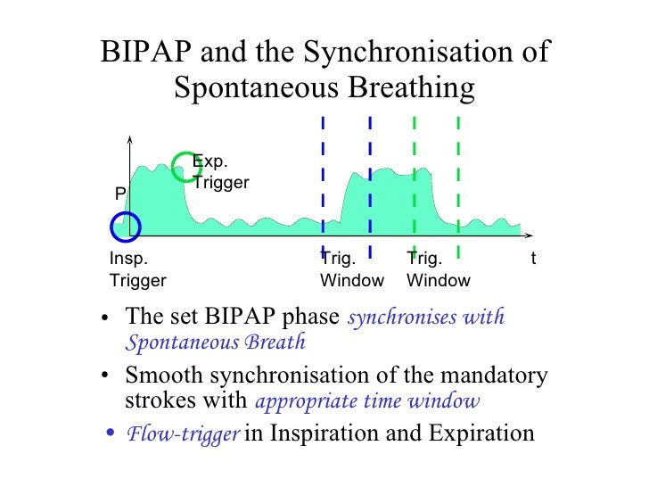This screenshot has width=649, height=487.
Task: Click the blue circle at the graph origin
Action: [126, 227]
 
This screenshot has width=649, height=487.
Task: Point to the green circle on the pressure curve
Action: [184, 164]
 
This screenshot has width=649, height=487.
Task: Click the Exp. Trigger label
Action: [220, 172]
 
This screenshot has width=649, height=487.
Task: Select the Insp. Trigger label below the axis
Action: [137, 269]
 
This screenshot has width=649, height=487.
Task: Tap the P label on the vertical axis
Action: [119, 194]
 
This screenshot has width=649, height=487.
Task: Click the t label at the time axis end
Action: [533, 260]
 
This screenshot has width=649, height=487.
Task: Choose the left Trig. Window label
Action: [351, 269]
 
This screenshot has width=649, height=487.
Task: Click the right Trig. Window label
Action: [438, 269]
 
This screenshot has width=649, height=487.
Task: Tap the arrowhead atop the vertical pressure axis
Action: [131, 139]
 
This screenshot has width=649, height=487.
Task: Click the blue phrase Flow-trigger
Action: [183, 434]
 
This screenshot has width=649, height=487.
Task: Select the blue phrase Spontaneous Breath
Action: [216, 342]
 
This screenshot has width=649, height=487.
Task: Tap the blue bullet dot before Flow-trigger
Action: [110, 434]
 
